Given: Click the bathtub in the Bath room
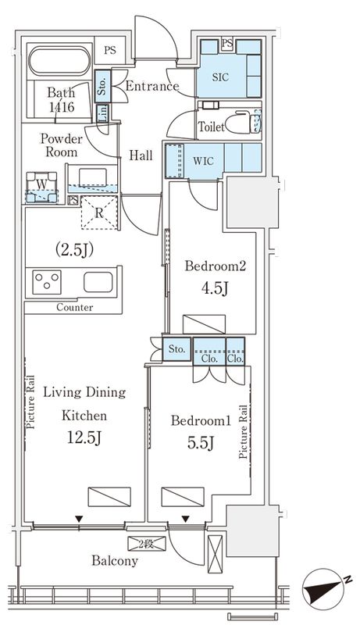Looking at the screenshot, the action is (59, 61).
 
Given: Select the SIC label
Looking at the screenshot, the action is (220, 77).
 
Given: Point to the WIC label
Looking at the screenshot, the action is (204, 161).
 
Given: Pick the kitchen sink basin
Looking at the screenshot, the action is (98, 282).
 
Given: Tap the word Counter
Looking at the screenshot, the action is (75, 307).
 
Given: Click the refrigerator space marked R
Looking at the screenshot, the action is (99, 212).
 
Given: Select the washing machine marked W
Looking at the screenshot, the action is (41, 187).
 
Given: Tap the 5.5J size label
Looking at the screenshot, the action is (201, 442).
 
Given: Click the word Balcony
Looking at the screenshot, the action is (115, 561).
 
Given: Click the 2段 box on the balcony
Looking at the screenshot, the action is (147, 544).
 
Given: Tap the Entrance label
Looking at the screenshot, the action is (152, 86).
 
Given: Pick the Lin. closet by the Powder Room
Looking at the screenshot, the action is (102, 113).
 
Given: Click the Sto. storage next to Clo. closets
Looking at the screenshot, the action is (176, 349).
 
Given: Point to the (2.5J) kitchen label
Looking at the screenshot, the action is (74, 250).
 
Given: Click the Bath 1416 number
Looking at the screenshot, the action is (61, 107).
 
